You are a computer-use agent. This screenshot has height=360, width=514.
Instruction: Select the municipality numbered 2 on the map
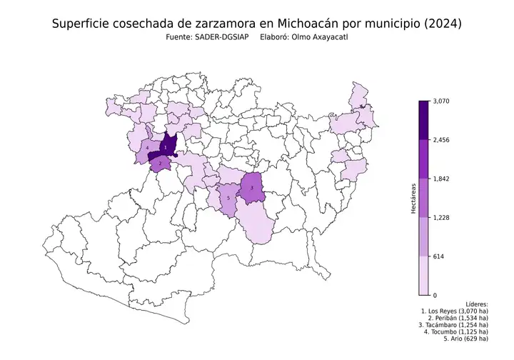pos(161,163)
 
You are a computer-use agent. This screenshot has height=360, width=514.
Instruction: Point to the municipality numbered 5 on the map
pos(228,198)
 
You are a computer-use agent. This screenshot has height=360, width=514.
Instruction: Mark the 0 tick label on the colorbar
pos(435,294)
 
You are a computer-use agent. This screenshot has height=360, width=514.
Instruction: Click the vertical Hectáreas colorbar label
pos(413,198)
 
